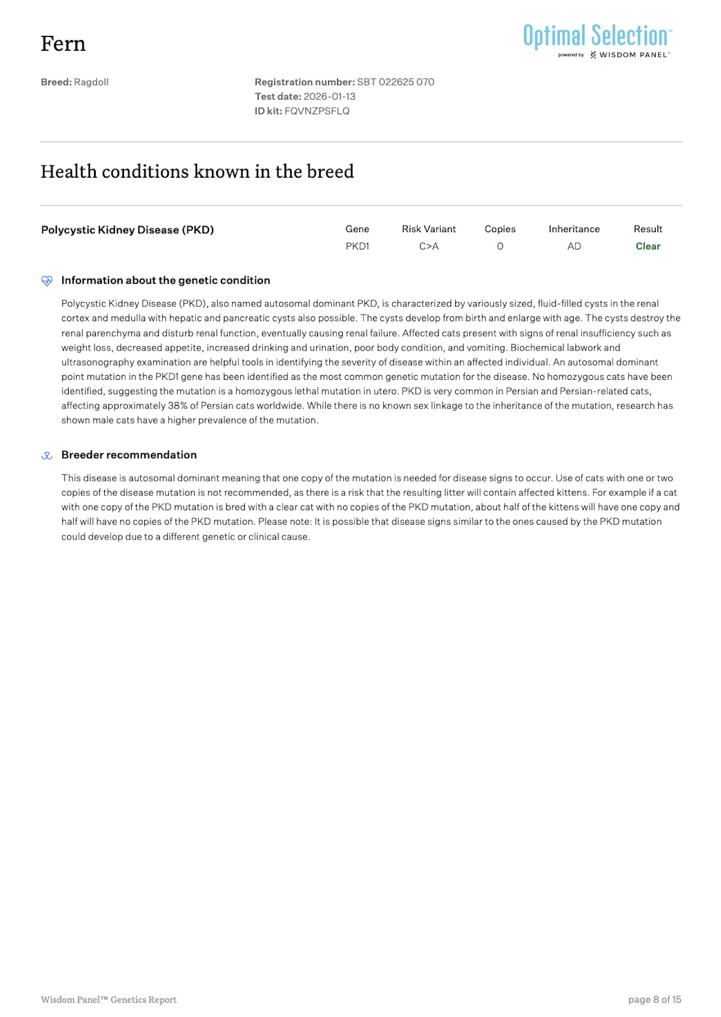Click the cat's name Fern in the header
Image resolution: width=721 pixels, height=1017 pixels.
pos(63,44)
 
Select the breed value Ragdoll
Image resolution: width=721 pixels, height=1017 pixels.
pos(91,82)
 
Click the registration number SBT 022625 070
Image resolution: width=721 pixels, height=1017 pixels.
pos(395,82)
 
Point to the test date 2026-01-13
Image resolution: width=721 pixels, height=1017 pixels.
pos(329,96)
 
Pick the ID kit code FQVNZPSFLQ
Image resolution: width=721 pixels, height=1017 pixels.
pos(317,111)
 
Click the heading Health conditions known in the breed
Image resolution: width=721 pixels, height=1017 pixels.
pos(197,172)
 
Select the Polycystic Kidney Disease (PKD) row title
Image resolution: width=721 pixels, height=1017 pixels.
pos(128,230)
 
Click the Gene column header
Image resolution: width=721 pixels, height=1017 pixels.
pos(357,229)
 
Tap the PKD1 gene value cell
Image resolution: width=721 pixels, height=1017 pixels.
pos(357,246)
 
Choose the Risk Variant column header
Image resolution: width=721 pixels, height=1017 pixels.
pos(429,229)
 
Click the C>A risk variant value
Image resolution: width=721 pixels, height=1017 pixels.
pos(429,246)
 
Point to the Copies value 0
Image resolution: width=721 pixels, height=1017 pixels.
pos(500,246)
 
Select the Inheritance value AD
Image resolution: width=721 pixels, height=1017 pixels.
pos(574,246)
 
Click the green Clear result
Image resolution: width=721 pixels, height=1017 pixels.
pos(648,246)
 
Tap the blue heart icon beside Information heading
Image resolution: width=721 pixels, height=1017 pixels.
pos(47,281)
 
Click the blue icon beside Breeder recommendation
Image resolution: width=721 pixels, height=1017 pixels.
pos(47,456)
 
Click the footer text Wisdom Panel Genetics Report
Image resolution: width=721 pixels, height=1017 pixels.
pos(108,1000)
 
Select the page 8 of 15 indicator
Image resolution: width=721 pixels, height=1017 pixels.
pos(655,1000)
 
